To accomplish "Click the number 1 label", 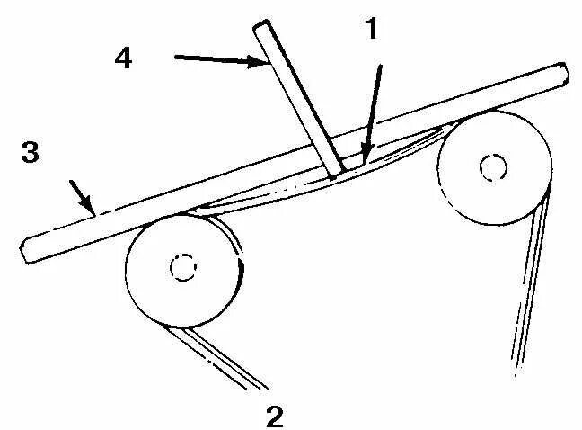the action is click(x=372, y=31).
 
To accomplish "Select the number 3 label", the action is click(x=31, y=153).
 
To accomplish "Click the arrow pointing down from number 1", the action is click(x=375, y=108).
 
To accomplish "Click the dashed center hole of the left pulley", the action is click(x=183, y=266).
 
